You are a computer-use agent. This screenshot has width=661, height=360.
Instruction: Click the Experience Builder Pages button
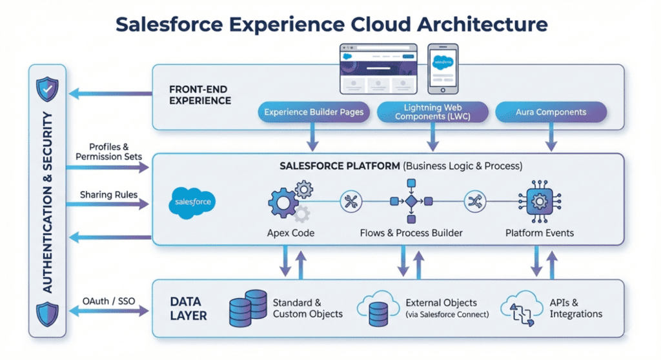point(314,112)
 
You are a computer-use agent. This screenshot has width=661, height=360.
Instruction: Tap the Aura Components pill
point(551,112)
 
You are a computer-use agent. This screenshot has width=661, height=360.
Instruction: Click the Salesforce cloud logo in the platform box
point(193,202)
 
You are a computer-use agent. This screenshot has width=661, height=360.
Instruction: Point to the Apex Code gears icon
point(289,202)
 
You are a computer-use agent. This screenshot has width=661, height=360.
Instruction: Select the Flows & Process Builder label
point(411,232)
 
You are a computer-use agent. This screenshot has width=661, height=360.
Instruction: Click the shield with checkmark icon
point(46,90)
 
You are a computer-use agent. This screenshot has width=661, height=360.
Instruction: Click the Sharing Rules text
point(108,194)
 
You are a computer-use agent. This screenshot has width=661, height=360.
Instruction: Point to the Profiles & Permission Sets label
point(108,151)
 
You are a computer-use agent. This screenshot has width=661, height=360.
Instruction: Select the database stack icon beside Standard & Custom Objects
point(249,308)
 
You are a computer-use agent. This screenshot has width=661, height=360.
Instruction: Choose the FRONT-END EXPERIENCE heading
point(199,94)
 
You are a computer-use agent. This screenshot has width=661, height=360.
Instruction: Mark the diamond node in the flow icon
point(411,201)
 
